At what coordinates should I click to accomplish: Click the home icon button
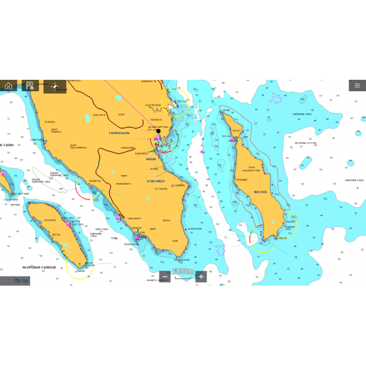tap(8, 86)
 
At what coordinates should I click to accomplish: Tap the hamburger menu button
tap(357, 85)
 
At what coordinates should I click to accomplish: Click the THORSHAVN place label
tap(119, 133)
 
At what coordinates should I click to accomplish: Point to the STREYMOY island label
tap(155, 181)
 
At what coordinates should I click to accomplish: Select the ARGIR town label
tap(151, 159)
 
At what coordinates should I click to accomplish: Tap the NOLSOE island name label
tap(260, 192)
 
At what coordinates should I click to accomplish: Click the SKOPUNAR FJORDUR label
tap(38, 267)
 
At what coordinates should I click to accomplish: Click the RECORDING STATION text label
tap(305, 143)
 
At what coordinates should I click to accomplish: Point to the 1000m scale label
tap(183, 272)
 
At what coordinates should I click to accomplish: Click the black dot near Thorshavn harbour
tap(159, 131)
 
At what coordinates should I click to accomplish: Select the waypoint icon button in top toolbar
tap(55, 86)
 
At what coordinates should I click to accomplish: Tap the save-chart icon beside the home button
tap(29, 86)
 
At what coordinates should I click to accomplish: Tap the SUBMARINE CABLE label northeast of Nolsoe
tap(302, 114)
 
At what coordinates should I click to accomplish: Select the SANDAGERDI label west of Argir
tap(127, 148)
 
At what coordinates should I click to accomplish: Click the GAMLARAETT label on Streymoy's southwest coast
tap(134, 218)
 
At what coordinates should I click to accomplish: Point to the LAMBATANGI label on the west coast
tap(36, 140)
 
